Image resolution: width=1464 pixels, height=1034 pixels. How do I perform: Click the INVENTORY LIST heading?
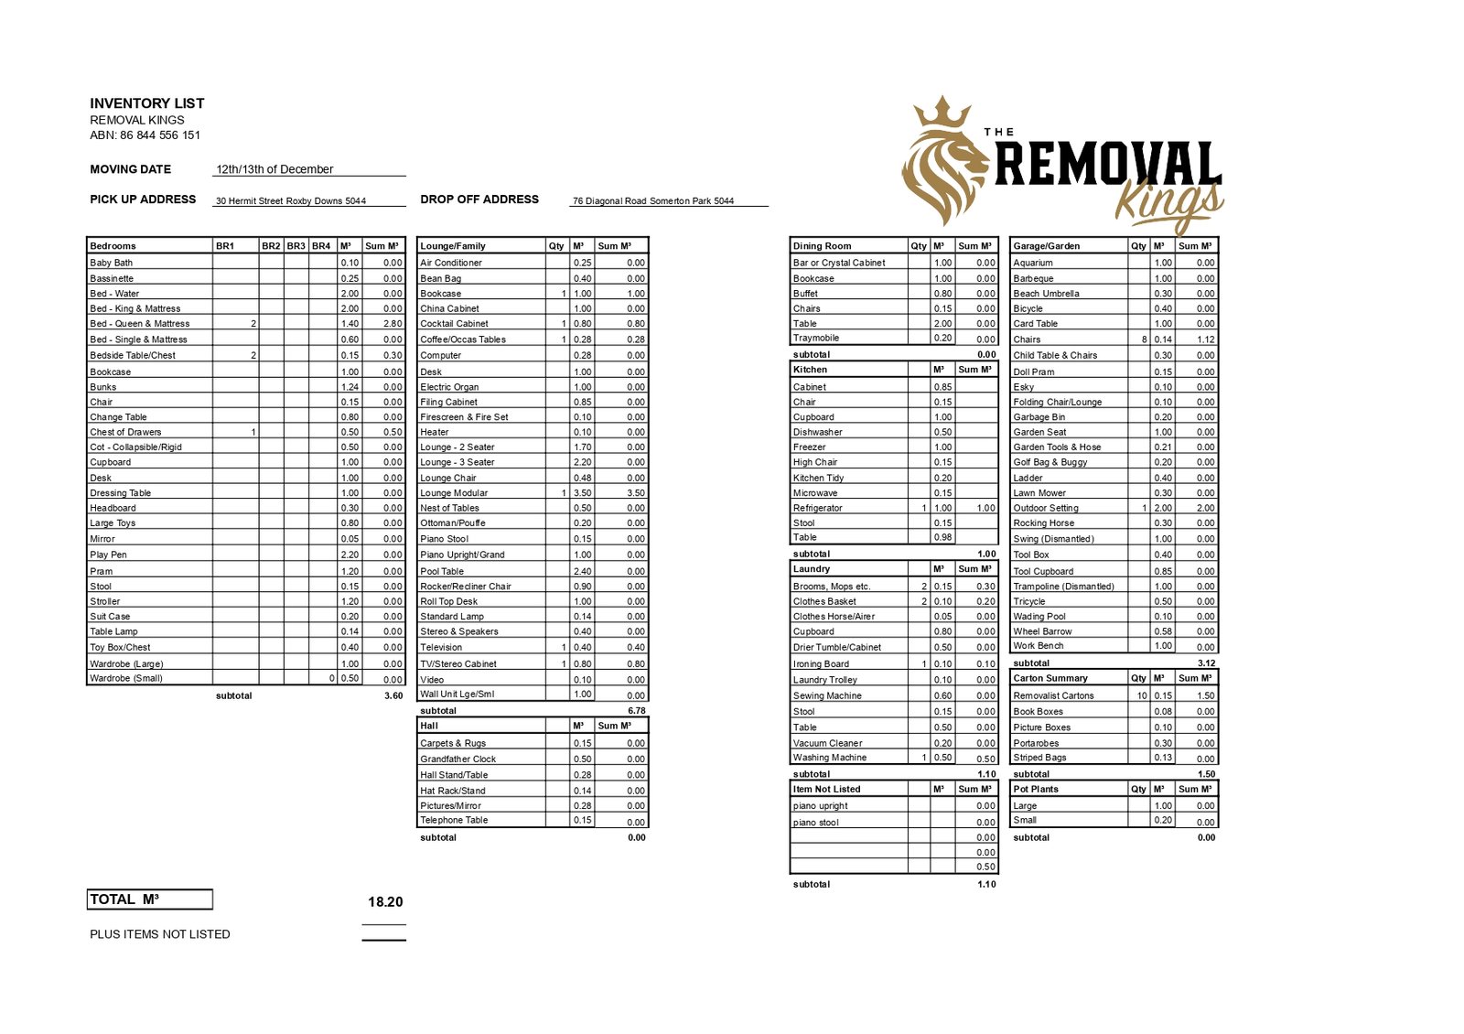146,103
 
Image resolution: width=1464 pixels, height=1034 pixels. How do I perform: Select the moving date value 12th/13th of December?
274,169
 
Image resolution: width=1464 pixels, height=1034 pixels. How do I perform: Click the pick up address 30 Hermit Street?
290,201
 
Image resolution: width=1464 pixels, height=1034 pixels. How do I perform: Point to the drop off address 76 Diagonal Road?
653,201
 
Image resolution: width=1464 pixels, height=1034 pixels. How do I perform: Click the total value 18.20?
385,902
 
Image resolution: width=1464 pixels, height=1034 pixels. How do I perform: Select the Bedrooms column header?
113,246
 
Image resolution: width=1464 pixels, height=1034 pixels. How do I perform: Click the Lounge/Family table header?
453,246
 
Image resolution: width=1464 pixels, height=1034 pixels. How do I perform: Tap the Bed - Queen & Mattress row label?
140,324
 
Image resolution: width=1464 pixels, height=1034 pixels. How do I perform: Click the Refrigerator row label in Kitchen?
818,508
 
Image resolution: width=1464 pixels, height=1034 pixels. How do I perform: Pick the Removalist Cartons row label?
1053,696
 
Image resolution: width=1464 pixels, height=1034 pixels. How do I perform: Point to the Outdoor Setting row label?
1046,508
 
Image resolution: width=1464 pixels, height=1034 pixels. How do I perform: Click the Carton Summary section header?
1050,678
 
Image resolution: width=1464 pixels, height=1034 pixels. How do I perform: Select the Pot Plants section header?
1036,789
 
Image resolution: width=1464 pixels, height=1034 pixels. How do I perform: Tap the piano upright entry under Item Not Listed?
821,806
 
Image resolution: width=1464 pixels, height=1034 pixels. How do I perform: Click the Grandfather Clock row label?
458,759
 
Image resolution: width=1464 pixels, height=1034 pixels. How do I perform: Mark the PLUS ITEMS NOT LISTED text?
160,934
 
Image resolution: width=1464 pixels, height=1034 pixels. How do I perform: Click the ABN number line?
145,135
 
